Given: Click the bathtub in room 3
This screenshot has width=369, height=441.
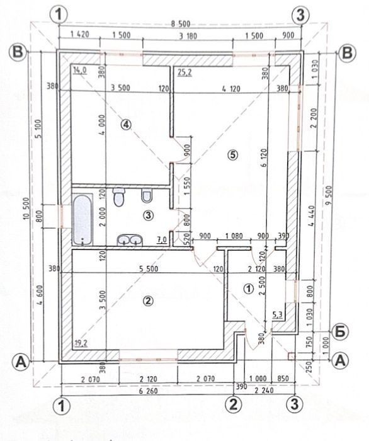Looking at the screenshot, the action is point(82,219).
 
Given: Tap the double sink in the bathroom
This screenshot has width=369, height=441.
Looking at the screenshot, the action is point(130,239).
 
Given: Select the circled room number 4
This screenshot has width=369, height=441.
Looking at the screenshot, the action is point(126,124).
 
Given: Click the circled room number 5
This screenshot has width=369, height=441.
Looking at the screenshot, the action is point(233,154).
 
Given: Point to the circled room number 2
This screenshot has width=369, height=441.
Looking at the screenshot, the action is point(148,301).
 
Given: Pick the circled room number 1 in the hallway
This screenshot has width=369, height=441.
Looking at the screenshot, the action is point(249,289).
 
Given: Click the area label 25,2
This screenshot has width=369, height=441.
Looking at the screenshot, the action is point(185,73).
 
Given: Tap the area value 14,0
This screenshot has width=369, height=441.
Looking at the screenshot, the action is point(80,70).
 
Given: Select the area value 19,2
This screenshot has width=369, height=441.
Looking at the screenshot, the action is point(81,343).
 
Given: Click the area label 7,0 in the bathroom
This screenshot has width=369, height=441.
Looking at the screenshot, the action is point(162,240).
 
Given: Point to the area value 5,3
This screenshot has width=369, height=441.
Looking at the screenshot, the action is point(278,315).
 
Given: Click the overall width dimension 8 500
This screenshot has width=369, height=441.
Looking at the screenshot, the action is point(181,24).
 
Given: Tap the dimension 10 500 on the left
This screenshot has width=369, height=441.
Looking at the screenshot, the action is point(26,209).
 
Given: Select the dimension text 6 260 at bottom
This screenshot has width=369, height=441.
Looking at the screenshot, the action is point(148,391).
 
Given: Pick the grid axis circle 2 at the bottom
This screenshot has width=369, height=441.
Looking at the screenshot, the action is point(234,405).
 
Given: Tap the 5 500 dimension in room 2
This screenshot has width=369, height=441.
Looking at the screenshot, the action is point(149,268).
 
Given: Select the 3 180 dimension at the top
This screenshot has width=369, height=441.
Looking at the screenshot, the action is point(188,36).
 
